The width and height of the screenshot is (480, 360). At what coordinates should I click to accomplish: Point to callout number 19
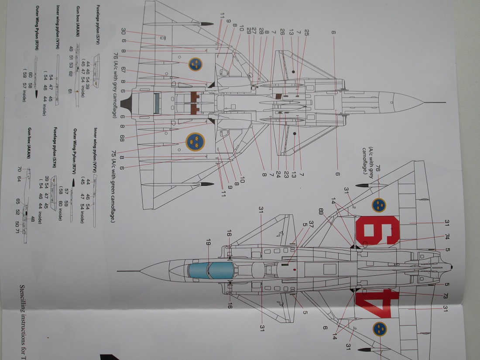click(x=209, y=240)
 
